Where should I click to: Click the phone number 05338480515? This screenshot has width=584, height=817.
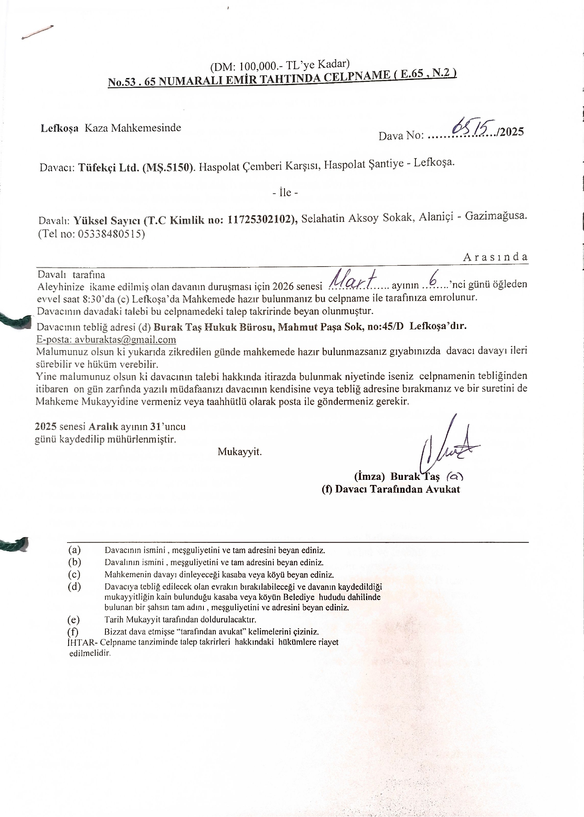111,234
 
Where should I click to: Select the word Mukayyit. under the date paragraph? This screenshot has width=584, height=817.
239,452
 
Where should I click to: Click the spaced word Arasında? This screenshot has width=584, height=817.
495,257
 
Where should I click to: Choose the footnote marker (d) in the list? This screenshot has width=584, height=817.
74,587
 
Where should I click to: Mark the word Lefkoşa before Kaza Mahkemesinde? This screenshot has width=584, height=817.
60,128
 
